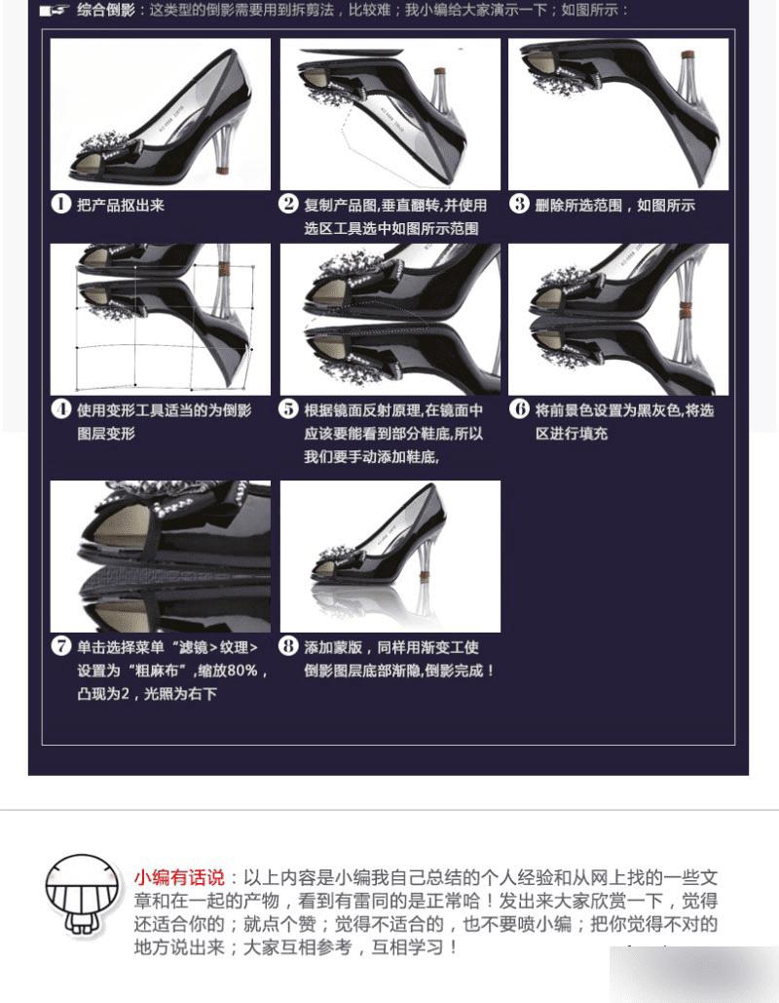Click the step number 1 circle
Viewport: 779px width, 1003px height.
pos(60,204)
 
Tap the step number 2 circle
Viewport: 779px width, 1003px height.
pos(288,204)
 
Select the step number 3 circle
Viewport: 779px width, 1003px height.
pos(519,204)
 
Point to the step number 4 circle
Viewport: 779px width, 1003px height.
pos(60,408)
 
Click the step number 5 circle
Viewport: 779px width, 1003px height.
pos(288,408)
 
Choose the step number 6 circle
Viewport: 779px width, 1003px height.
pos(519,408)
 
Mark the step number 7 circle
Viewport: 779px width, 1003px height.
pos(60,646)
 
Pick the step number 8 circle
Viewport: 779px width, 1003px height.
pos(288,646)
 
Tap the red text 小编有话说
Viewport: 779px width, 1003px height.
pos(179,877)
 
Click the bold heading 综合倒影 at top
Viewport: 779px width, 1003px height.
pos(106,10)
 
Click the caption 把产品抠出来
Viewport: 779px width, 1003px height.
pos(121,206)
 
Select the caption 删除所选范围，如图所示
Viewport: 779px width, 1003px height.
pos(614,206)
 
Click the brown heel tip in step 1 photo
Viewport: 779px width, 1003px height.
pos(222,171)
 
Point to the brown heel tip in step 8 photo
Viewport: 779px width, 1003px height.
pos(425,579)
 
